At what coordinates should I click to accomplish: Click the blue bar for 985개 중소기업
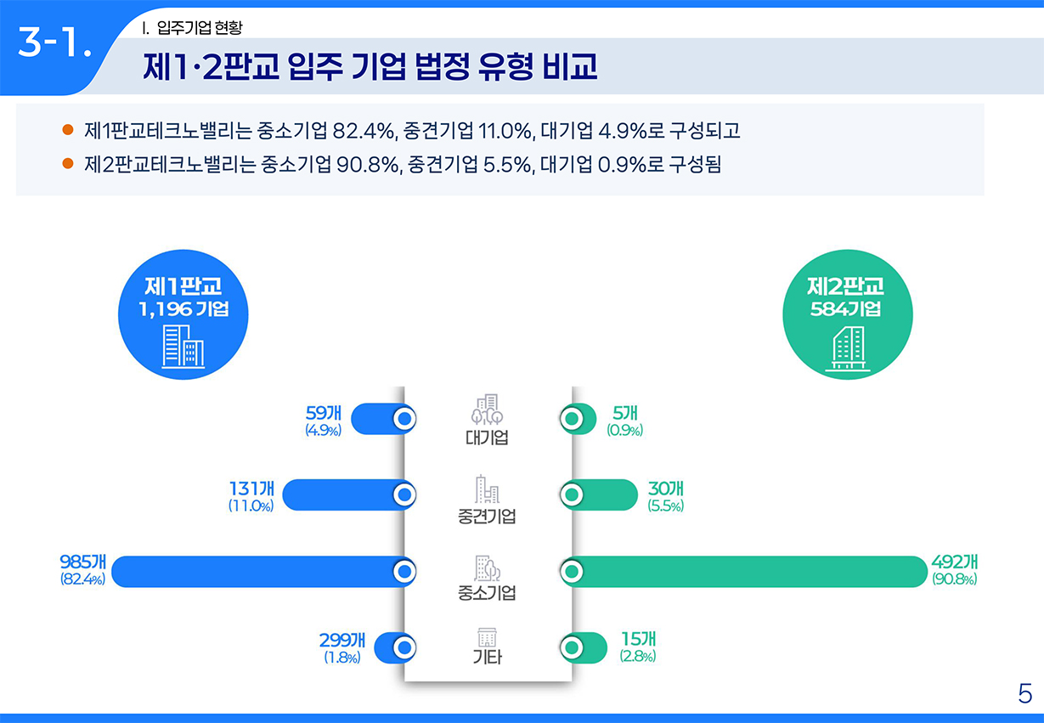(255, 572)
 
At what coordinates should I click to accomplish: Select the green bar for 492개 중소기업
(748, 572)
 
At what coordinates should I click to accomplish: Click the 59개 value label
(323, 414)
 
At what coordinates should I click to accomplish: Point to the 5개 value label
(624, 414)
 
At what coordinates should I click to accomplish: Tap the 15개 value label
(637, 640)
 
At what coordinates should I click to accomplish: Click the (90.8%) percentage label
(954, 580)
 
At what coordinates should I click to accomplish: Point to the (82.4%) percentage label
(82, 580)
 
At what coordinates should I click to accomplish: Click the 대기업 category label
(487, 438)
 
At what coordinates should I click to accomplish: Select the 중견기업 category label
(487, 517)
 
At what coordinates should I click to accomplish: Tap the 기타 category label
(487, 657)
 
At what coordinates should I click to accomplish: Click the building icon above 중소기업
(487, 568)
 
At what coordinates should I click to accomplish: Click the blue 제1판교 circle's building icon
(183, 347)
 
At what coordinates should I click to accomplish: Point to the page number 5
(1024, 693)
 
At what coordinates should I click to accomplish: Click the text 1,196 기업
(183, 309)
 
